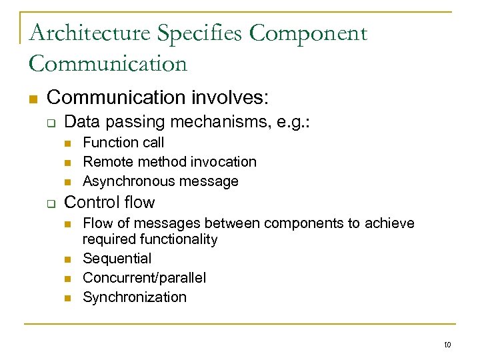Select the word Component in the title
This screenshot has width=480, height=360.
pos(309,33)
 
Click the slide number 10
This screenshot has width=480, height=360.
pos(447,345)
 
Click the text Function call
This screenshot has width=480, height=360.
pos(123,142)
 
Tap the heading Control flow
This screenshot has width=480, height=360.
pos(109,202)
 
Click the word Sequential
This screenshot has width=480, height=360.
pos(117,258)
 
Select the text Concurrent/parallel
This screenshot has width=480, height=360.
pos(145,277)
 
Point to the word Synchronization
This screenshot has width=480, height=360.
pos(135,297)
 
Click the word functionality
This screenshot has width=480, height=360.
pos(179,239)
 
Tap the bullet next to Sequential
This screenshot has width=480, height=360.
pos(67,259)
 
